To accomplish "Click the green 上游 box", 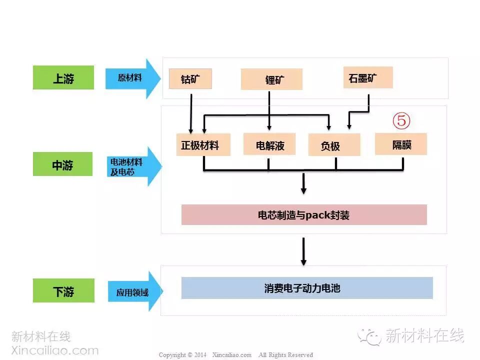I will click(63, 78).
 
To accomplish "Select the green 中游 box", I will click(63, 164).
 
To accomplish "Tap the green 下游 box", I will click(63, 291).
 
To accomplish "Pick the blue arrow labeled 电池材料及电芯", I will click(133, 167).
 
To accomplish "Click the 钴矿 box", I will click(190, 78).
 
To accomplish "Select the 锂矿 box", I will click(271, 79).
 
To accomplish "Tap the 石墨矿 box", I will click(368, 77).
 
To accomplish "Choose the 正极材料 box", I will click(203, 145).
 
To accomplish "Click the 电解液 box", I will click(269, 144).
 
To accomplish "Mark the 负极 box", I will click(334, 145).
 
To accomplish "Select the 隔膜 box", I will click(401, 144).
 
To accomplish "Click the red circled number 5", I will click(401, 120).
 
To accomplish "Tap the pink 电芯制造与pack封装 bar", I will click(304, 215).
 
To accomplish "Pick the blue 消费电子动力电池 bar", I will click(307, 288).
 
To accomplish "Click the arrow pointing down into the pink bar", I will click(303, 184).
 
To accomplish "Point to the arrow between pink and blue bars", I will click(303, 251).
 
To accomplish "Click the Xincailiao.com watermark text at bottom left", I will click(55, 350).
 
